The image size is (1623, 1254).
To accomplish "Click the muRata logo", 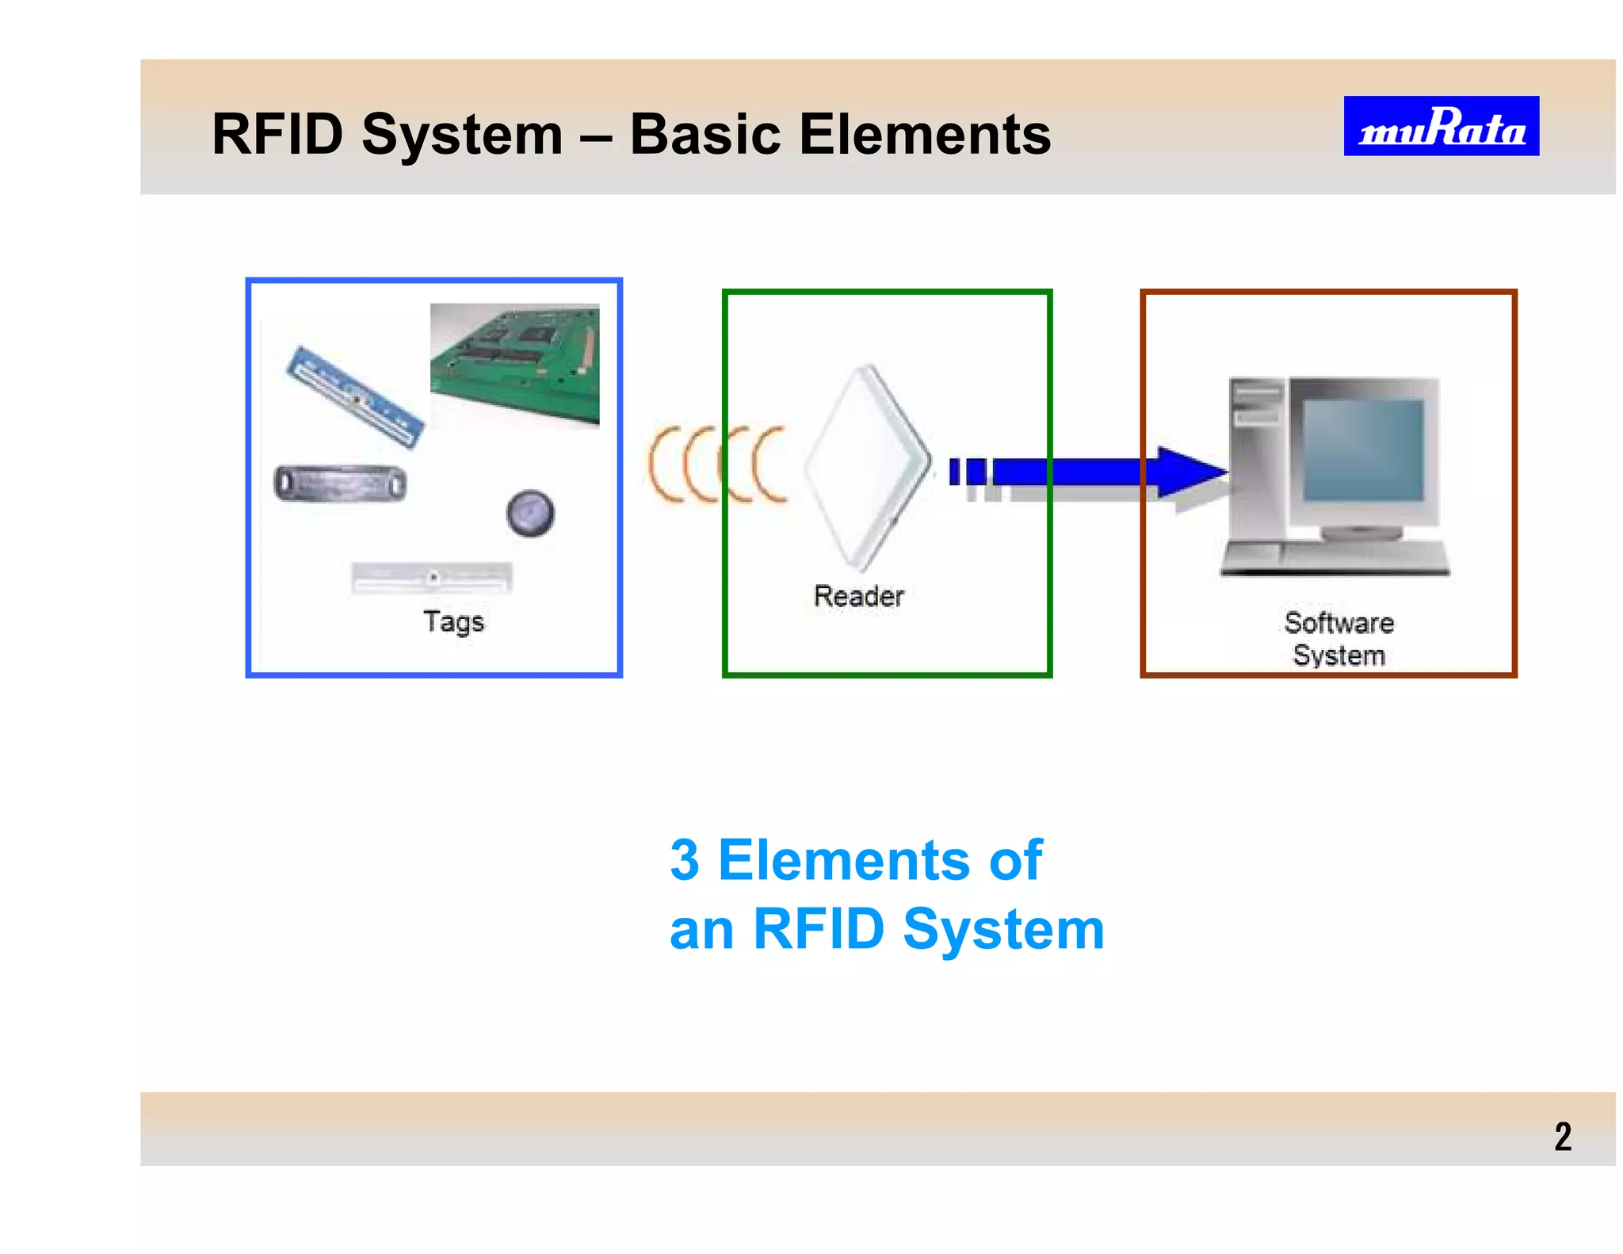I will click(1441, 126).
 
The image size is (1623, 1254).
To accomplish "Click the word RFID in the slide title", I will click(278, 134).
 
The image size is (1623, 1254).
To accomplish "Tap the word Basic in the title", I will click(705, 134).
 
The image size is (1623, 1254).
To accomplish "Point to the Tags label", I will click(453, 621).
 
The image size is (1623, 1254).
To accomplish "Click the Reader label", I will click(858, 596).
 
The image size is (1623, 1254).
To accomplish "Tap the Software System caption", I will click(1338, 639).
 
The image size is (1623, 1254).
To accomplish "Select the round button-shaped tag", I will click(530, 512).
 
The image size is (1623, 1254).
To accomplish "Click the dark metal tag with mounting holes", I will click(341, 484).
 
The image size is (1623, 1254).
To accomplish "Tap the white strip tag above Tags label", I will click(432, 577).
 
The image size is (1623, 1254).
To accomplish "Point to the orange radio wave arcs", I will click(717, 465).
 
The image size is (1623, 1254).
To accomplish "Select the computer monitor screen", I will click(1362, 450).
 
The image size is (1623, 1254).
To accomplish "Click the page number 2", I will click(1562, 1137).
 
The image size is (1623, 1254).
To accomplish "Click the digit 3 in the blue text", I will click(685, 860).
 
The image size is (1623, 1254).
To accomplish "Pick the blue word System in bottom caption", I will click(1003, 929).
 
